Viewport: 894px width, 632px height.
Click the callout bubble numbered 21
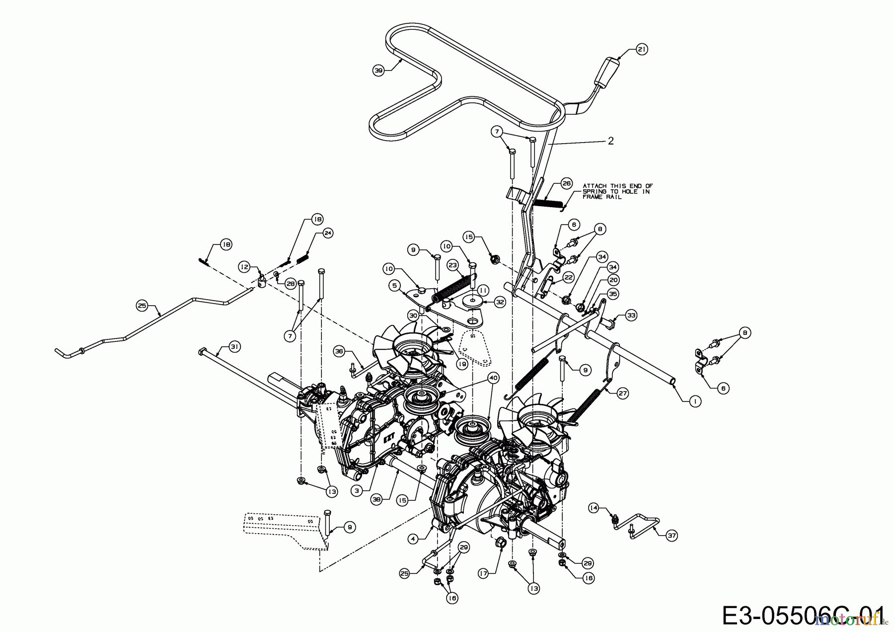pyautogui.click(x=642, y=50)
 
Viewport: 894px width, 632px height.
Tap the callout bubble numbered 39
pyautogui.click(x=379, y=71)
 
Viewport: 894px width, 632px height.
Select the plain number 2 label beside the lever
pyautogui.click(x=610, y=141)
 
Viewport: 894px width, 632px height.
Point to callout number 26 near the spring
pyautogui.click(x=567, y=183)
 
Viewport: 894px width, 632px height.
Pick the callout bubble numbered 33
pyautogui.click(x=631, y=315)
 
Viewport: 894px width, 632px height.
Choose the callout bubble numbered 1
pyautogui.click(x=695, y=401)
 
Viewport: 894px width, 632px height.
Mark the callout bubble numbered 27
pyautogui.click(x=623, y=393)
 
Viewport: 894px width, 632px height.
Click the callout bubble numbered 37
pyautogui.click(x=672, y=535)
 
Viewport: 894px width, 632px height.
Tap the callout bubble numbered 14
pyautogui.click(x=594, y=508)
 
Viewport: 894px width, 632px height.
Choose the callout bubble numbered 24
pyautogui.click(x=327, y=233)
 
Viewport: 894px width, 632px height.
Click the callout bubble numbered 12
pyautogui.click(x=244, y=267)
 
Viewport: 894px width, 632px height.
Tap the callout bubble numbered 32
pyautogui.click(x=500, y=302)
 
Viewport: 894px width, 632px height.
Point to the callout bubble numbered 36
pyautogui.click(x=339, y=351)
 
